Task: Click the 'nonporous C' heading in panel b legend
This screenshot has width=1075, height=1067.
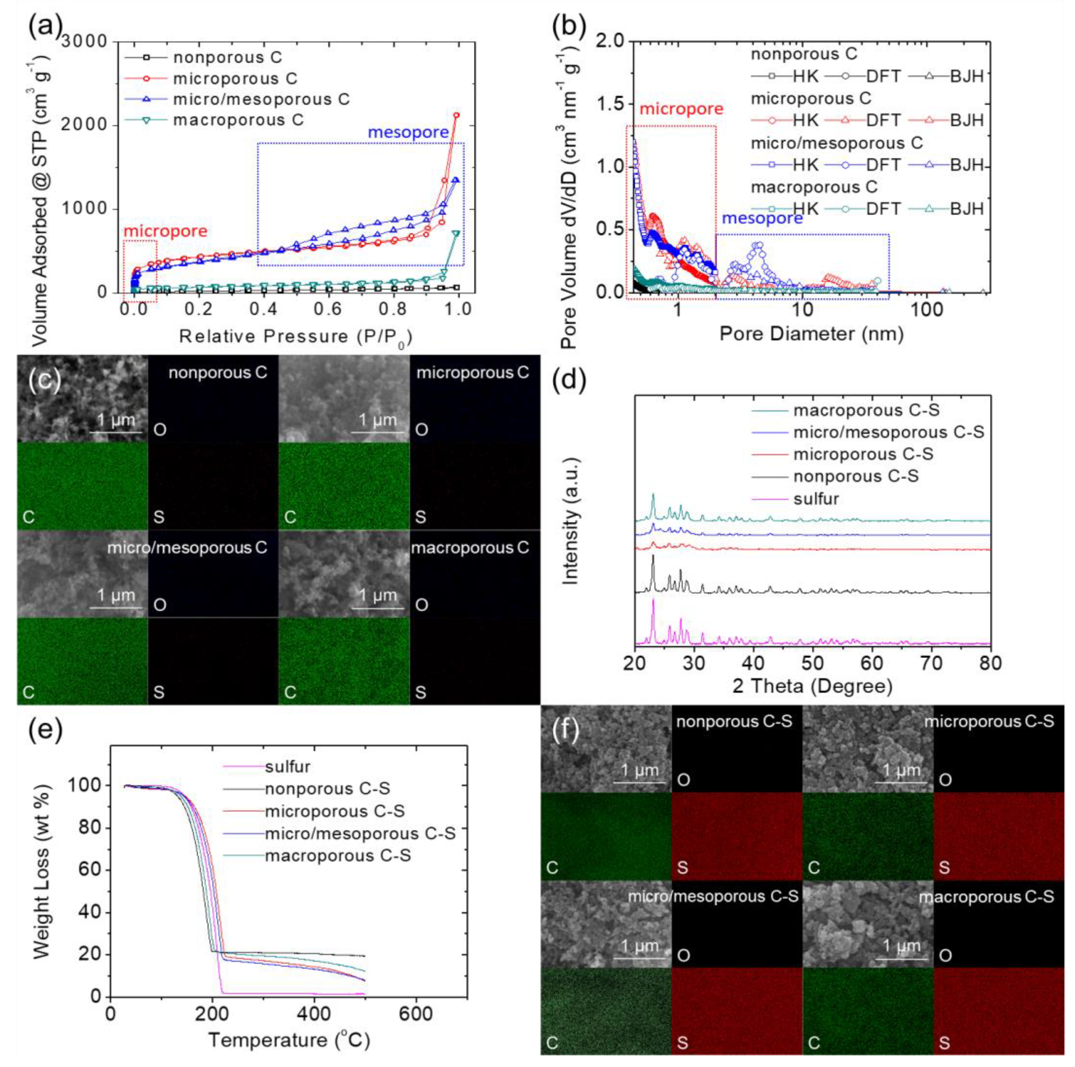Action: click(804, 55)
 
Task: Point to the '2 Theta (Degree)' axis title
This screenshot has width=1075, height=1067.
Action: click(812, 686)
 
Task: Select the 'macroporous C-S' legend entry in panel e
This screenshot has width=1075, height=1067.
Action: click(338, 855)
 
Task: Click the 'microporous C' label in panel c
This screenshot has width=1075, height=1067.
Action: click(472, 373)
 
